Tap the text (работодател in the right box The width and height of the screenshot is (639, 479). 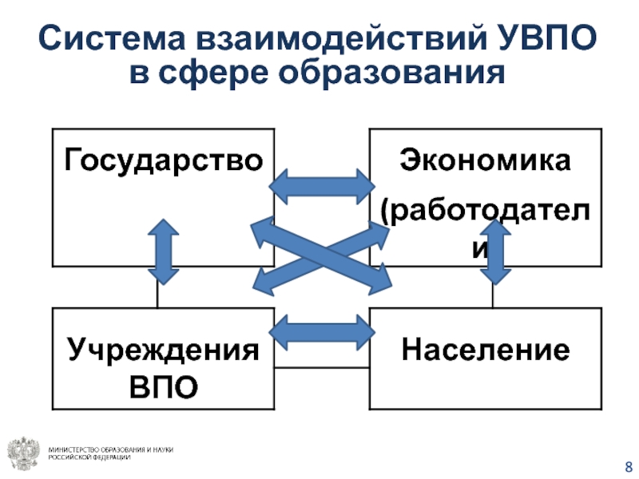486,212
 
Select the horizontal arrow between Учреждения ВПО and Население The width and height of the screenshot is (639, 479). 321,330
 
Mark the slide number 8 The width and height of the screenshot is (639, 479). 627,466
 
